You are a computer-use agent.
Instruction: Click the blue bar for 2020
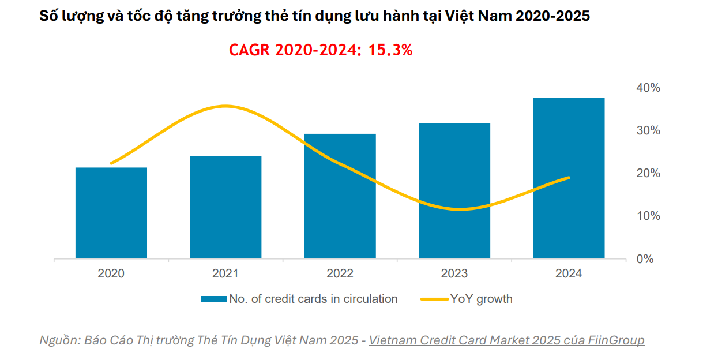tap(111, 213)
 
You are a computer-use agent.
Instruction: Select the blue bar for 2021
tap(225, 207)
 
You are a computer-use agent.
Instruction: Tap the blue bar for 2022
tap(340, 196)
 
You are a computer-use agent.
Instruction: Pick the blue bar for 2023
tap(454, 190)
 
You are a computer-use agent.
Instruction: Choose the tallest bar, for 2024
tap(569, 178)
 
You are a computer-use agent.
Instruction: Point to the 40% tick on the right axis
tap(648, 88)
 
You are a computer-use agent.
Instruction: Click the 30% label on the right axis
tap(648, 130)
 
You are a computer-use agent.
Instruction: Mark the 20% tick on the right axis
tap(648, 173)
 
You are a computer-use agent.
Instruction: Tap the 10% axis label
tap(648, 216)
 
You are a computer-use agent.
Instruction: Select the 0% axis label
tap(645, 259)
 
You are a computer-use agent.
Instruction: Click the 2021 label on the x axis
tap(225, 273)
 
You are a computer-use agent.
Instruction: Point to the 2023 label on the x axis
tap(454, 273)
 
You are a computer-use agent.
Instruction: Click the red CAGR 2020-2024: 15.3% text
tap(321, 50)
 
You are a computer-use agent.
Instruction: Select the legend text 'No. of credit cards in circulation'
tap(313, 299)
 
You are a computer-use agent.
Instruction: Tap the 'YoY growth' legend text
tap(481, 299)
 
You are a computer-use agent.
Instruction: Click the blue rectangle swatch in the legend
tap(213, 299)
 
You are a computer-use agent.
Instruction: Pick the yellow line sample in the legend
tap(434, 299)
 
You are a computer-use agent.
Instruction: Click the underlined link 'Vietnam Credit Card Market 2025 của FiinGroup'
tap(506, 340)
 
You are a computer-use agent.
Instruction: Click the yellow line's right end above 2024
tap(569, 178)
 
